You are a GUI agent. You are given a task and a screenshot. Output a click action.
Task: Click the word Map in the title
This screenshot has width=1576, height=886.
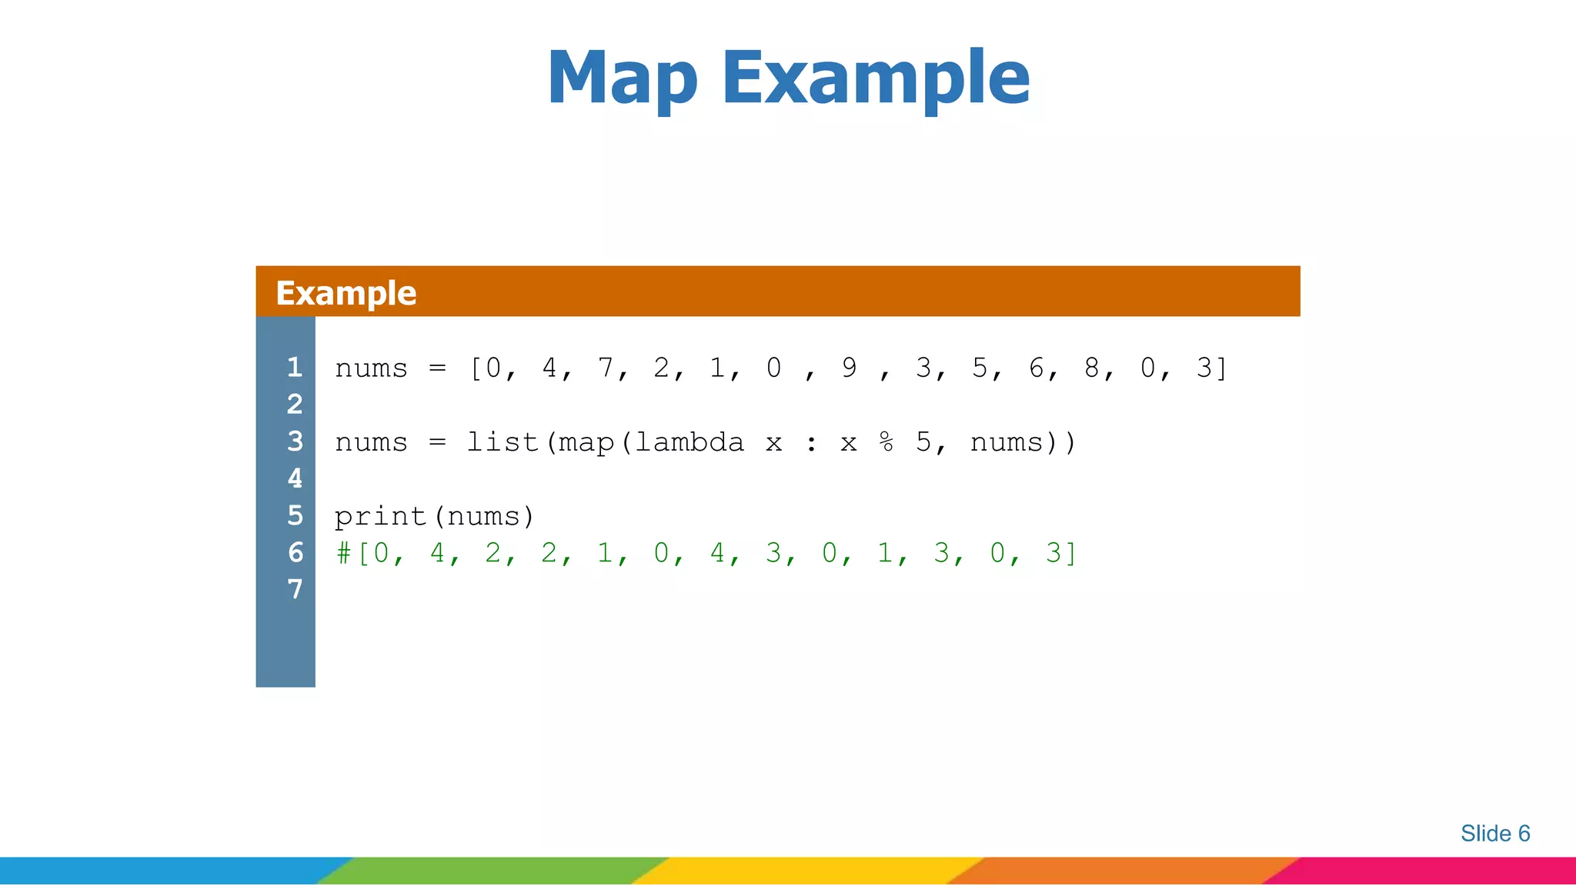tap(622, 78)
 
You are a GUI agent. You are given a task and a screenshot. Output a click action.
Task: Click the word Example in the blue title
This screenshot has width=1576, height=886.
tap(875, 78)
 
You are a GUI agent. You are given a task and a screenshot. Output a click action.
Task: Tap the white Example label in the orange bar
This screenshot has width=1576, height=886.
tap(346, 293)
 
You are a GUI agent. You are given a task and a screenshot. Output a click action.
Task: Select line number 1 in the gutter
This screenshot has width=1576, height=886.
tap(294, 368)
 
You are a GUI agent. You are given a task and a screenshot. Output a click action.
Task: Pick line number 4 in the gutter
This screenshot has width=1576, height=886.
tap(295, 478)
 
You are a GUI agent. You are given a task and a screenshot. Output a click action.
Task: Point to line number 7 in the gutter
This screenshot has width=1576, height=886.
tap(295, 589)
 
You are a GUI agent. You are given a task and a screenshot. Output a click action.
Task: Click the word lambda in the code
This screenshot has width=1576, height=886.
tap(689, 442)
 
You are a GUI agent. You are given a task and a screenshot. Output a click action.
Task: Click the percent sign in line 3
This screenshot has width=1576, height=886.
tap(886, 442)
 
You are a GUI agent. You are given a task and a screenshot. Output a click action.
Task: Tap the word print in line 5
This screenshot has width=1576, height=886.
tap(380, 516)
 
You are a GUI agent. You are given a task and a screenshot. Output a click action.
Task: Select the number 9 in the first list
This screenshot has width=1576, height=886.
tap(849, 368)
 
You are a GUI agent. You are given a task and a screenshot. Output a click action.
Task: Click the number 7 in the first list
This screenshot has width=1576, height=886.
tap(606, 368)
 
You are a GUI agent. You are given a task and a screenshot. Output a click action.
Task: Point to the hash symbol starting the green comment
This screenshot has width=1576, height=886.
tap(343, 553)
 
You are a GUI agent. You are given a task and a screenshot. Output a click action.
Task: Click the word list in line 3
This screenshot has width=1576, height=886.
tap(503, 442)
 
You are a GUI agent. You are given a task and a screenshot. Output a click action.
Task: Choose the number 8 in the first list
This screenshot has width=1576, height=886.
tap(1091, 368)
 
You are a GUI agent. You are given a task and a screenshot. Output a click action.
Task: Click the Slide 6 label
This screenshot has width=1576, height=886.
tap(1494, 834)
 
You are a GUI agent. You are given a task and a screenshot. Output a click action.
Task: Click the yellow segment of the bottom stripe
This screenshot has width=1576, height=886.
tap(808, 871)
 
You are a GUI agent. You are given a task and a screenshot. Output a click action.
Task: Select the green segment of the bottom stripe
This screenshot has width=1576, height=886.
tap(492, 871)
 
